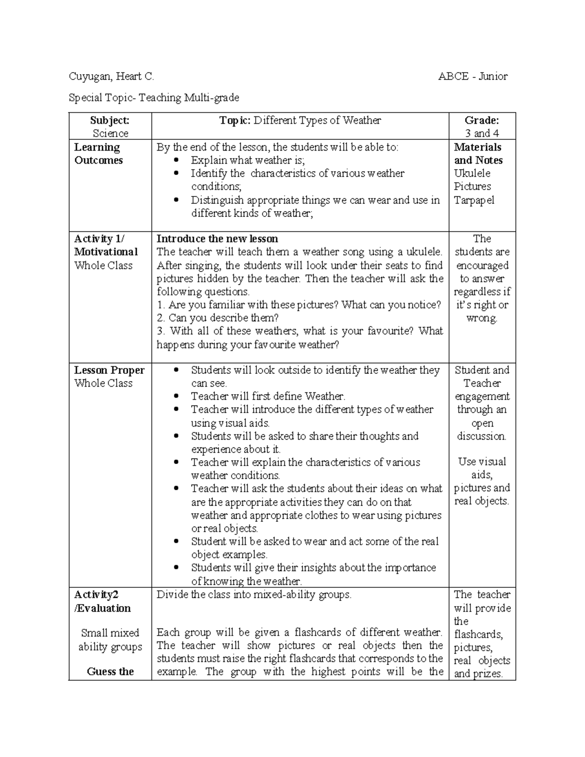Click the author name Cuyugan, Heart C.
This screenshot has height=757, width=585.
click(112, 77)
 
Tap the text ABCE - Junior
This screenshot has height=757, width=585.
click(473, 77)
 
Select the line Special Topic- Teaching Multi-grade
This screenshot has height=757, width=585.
click(154, 98)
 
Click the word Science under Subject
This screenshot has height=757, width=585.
click(111, 134)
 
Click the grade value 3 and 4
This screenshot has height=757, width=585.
click(482, 134)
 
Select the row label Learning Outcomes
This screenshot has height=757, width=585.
click(98, 154)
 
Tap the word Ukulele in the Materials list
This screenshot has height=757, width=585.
click(472, 174)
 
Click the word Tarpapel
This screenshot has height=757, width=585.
click(474, 200)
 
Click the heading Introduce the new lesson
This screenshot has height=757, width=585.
click(217, 239)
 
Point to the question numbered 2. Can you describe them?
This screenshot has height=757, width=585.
click(218, 318)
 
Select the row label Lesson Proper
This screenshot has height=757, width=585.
click(109, 370)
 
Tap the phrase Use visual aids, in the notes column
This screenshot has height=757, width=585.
click(482, 468)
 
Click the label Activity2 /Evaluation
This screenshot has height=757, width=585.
click(102, 602)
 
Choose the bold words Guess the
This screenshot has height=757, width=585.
click(111, 672)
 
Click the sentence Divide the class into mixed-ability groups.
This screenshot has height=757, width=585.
click(254, 595)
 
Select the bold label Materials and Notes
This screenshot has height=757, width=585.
click(478, 154)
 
